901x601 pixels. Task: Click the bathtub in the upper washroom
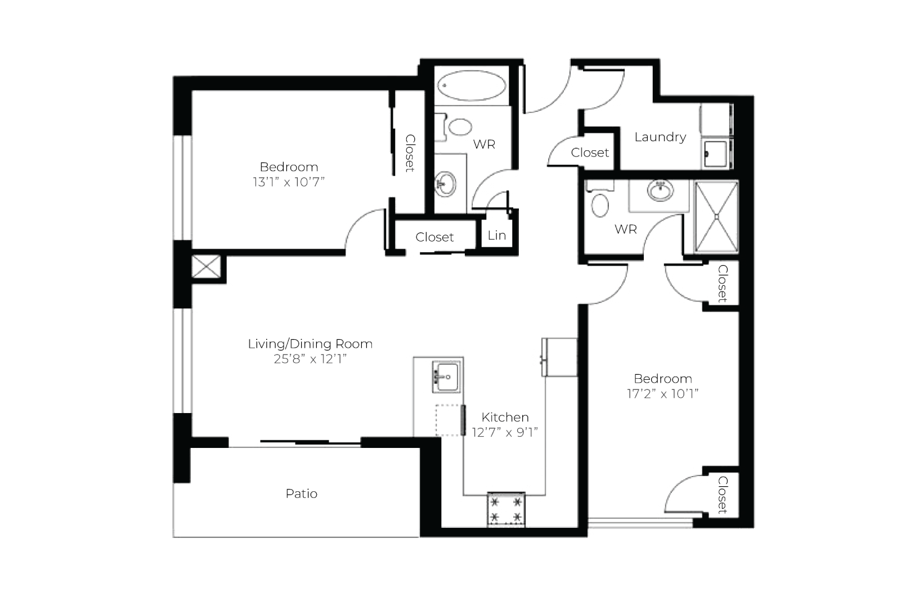point(472,86)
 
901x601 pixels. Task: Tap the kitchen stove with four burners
point(506,509)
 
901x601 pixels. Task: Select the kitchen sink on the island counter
point(446,376)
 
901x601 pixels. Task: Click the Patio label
point(301,494)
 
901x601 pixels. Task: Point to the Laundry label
point(660,137)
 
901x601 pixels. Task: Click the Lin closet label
point(497,235)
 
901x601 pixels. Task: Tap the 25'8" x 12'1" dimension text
point(310,359)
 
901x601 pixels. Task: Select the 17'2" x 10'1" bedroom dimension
point(662,393)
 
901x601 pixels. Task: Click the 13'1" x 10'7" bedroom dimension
point(288,182)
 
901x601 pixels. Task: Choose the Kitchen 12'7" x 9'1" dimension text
point(505,432)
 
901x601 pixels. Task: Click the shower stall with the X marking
point(716,217)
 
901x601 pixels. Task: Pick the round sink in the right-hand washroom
point(660,190)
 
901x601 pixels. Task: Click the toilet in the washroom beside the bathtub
point(455,127)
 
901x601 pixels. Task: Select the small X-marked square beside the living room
point(206,266)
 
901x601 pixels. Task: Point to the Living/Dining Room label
point(310,344)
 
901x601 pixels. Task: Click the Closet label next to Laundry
point(590,153)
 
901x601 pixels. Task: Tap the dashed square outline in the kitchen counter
point(449,420)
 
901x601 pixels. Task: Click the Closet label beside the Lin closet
point(434,237)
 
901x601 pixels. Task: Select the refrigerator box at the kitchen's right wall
point(559,357)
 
